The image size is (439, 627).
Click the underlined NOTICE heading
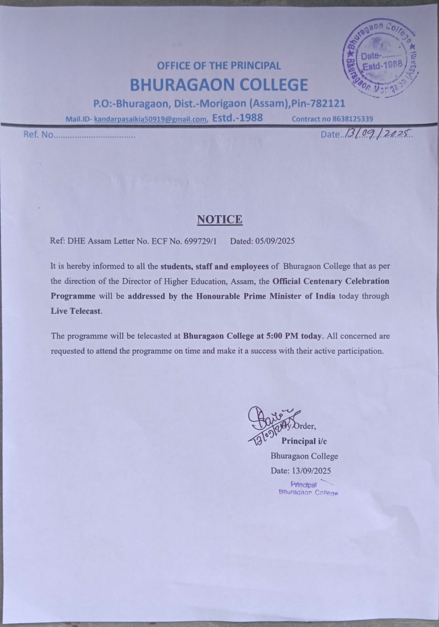(x=219, y=220)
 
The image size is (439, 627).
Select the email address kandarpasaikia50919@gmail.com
(x=150, y=119)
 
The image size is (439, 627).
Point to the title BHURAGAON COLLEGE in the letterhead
(x=219, y=85)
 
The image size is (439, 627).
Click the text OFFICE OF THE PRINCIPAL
(x=219, y=65)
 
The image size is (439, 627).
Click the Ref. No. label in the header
(x=38, y=134)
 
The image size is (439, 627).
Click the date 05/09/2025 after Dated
(x=275, y=241)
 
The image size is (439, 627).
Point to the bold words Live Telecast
(x=76, y=311)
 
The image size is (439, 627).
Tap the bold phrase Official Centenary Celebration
(x=331, y=281)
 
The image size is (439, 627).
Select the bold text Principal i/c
(x=304, y=441)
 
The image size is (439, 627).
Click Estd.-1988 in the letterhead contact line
(x=237, y=118)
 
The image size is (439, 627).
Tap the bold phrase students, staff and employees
(x=214, y=266)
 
